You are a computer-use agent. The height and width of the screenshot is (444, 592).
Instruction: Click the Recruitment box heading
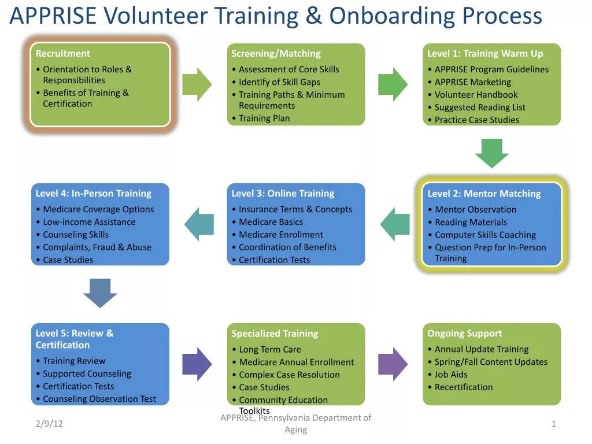(63, 54)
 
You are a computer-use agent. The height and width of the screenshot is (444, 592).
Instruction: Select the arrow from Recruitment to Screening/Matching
(197, 84)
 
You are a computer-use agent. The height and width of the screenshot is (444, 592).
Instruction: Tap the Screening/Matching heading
(276, 54)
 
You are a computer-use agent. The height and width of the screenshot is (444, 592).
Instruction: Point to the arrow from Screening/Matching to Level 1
(393, 84)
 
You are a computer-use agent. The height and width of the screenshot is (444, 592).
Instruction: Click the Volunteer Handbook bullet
(476, 95)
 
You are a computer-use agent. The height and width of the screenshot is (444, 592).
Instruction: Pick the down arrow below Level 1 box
(492, 153)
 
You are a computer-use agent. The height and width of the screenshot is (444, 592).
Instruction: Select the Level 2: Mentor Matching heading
(484, 194)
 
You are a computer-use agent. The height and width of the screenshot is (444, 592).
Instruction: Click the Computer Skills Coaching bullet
(485, 235)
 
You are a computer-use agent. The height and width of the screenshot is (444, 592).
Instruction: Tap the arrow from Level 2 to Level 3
(395, 224)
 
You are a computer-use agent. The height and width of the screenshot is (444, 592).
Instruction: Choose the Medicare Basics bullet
(271, 222)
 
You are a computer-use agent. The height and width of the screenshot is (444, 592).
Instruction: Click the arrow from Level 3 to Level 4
(199, 224)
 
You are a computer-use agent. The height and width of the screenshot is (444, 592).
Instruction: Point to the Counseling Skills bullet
(76, 235)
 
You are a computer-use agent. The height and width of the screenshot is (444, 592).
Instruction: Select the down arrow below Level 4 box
(100, 293)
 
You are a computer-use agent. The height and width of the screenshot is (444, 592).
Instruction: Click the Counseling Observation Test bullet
(99, 399)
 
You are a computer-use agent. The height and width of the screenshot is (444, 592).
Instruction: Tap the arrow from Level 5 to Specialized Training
(197, 364)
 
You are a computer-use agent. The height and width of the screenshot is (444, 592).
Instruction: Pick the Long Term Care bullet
(270, 349)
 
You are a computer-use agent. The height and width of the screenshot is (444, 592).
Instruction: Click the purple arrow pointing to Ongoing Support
(393, 364)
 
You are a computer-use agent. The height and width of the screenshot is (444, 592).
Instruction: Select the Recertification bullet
(464, 387)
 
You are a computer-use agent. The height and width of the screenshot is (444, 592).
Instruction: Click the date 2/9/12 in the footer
(49, 424)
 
